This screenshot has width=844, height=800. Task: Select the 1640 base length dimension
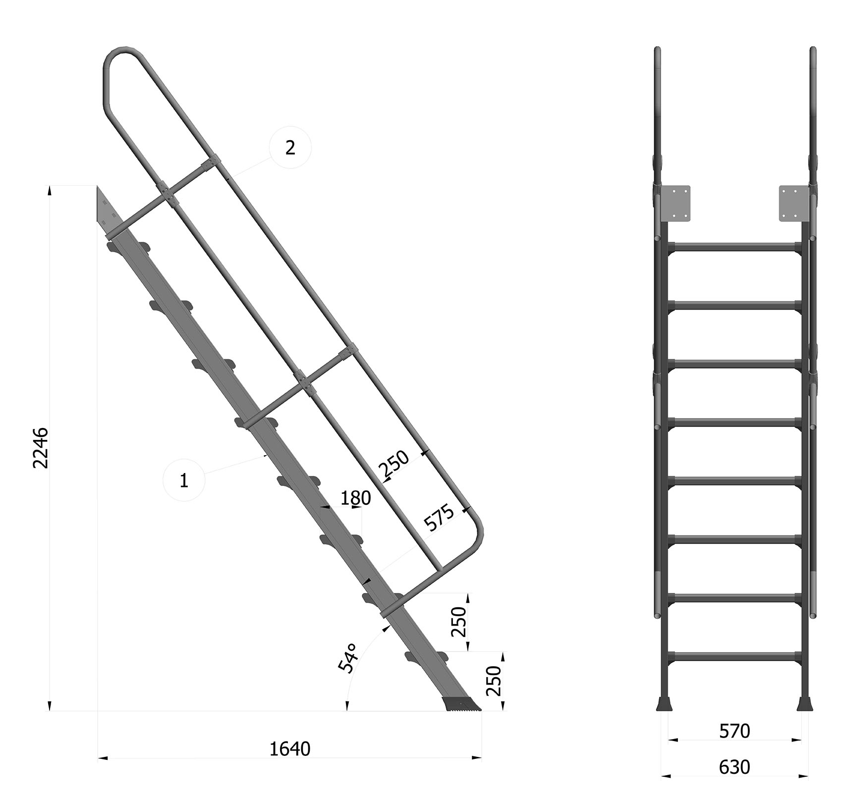pos(290,749)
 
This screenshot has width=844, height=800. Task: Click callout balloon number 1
pos(184,480)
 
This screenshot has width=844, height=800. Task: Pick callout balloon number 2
pos(290,147)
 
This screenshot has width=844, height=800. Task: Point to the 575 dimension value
pos(439,517)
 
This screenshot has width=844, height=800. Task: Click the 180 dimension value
pos(355,498)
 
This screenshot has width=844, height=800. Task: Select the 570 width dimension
pos(734,731)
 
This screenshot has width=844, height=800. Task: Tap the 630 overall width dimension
pos(734,767)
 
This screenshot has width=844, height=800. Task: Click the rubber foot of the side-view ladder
pos(462,704)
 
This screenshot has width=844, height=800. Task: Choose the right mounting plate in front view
pos(793,204)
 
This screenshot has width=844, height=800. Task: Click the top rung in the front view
pos(734,247)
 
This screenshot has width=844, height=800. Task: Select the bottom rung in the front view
pos(734,656)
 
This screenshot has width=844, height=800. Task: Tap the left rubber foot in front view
pos(664,704)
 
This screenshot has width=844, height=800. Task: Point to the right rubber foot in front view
pos(805,704)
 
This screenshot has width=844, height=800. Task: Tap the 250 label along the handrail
pos(394,464)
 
